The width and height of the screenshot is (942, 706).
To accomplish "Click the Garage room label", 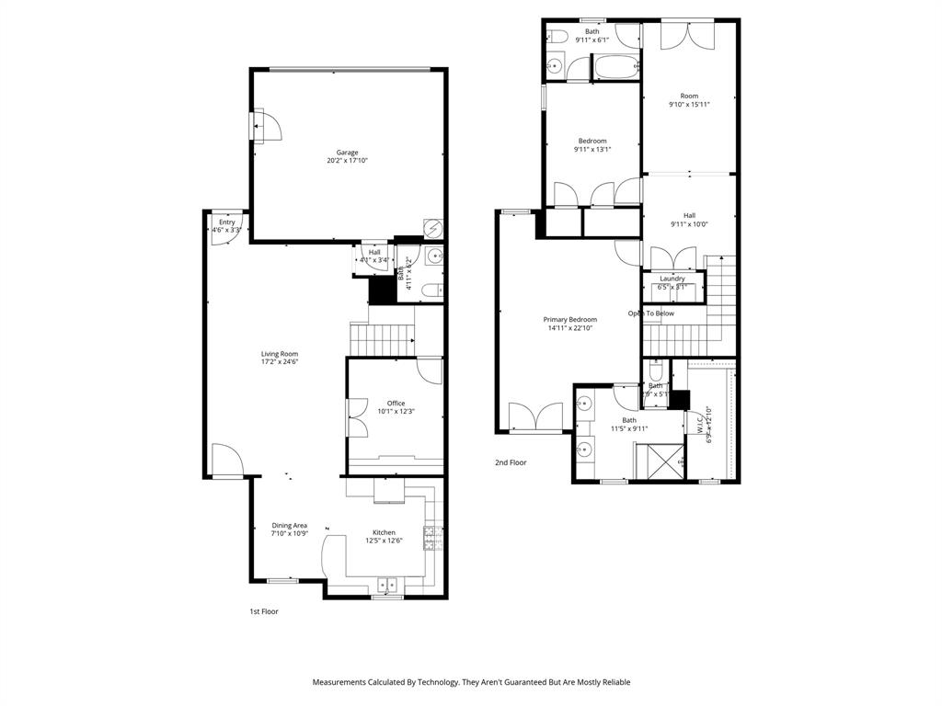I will (x=347, y=153).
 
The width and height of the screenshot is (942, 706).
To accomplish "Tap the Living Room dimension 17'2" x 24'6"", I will (x=280, y=362).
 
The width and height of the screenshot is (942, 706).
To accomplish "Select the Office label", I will (x=396, y=403).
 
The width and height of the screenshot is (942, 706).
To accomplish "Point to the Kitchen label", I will (x=384, y=532).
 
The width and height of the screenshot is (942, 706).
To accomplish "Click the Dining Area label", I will (x=289, y=525).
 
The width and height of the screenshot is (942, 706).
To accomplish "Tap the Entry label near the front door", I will (x=226, y=222).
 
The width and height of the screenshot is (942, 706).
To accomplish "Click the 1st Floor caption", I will (x=264, y=611).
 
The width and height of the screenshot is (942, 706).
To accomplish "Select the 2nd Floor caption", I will (x=511, y=462).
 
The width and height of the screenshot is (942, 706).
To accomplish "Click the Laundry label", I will (x=672, y=279).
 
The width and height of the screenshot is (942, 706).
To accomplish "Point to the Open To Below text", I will (x=651, y=313).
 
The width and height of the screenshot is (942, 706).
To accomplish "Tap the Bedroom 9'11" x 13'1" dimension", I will (x=592, y=150).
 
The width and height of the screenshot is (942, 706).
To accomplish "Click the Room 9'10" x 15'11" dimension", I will (x=689, y=105).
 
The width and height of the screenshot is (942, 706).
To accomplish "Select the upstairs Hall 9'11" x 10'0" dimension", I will (x=689, y=224).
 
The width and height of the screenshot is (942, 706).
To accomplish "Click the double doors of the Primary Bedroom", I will (x=534, y=416).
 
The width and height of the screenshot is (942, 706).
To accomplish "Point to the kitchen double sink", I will (x=386, y=583).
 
